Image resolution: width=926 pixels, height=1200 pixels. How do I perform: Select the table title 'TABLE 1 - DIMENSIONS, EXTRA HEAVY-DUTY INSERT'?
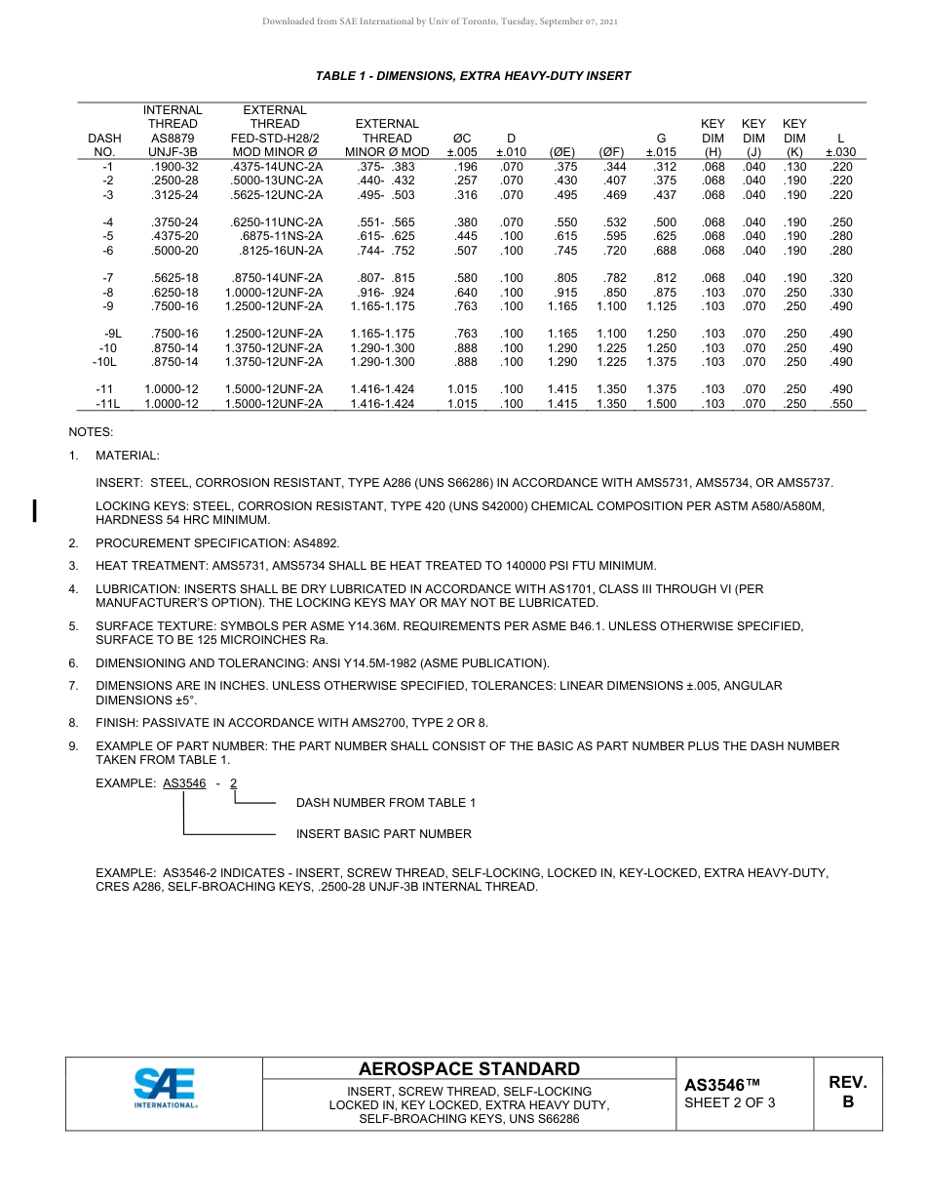point(473,76)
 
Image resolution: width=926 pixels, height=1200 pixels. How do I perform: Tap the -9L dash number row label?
point(113,334)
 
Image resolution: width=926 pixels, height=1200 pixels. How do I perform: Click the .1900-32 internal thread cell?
point(174,167)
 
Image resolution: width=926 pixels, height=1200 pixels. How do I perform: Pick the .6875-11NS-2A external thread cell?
point(282,236)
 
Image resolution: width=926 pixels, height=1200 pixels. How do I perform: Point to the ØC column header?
point(462,139)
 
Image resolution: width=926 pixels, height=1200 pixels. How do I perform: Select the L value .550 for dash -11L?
point(839,404)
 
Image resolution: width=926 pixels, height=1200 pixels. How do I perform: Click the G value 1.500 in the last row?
point(661,404)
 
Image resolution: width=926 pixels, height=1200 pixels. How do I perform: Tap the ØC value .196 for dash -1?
point(465,167)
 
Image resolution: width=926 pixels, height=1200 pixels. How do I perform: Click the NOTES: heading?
point(91,431)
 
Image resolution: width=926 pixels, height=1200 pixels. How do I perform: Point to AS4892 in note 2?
point(318,542)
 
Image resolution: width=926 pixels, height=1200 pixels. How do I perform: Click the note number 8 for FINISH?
point(73,723)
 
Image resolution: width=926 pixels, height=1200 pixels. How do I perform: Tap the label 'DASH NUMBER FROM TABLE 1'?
point(386,803)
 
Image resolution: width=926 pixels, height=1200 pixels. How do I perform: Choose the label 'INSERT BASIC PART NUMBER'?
point(383,834)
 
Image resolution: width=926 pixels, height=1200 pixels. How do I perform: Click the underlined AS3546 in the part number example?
point(184,782)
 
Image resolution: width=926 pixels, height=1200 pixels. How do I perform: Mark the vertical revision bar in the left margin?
point(35,510)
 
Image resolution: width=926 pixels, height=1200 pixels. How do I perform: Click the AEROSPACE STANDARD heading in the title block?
point(469,1068)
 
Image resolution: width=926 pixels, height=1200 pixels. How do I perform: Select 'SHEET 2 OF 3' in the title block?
point(729,1103)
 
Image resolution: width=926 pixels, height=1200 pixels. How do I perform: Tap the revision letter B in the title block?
point(847,1102)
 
